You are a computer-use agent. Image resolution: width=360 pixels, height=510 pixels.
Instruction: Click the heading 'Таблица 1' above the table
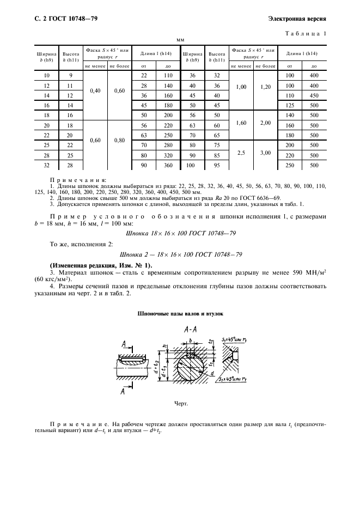point(306,34)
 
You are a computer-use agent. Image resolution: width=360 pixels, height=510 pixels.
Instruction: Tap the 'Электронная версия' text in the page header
point(297,20)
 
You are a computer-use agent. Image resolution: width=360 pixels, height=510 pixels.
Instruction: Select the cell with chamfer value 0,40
point(95,90)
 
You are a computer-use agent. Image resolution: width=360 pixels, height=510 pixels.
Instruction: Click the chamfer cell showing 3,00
point(265,153)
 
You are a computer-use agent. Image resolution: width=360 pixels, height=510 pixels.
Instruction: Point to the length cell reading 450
point(314,95)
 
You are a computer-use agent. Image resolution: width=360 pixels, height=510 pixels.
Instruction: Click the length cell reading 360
point(168,165)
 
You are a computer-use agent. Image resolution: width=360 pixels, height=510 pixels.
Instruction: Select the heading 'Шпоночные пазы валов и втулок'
point(179,314)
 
